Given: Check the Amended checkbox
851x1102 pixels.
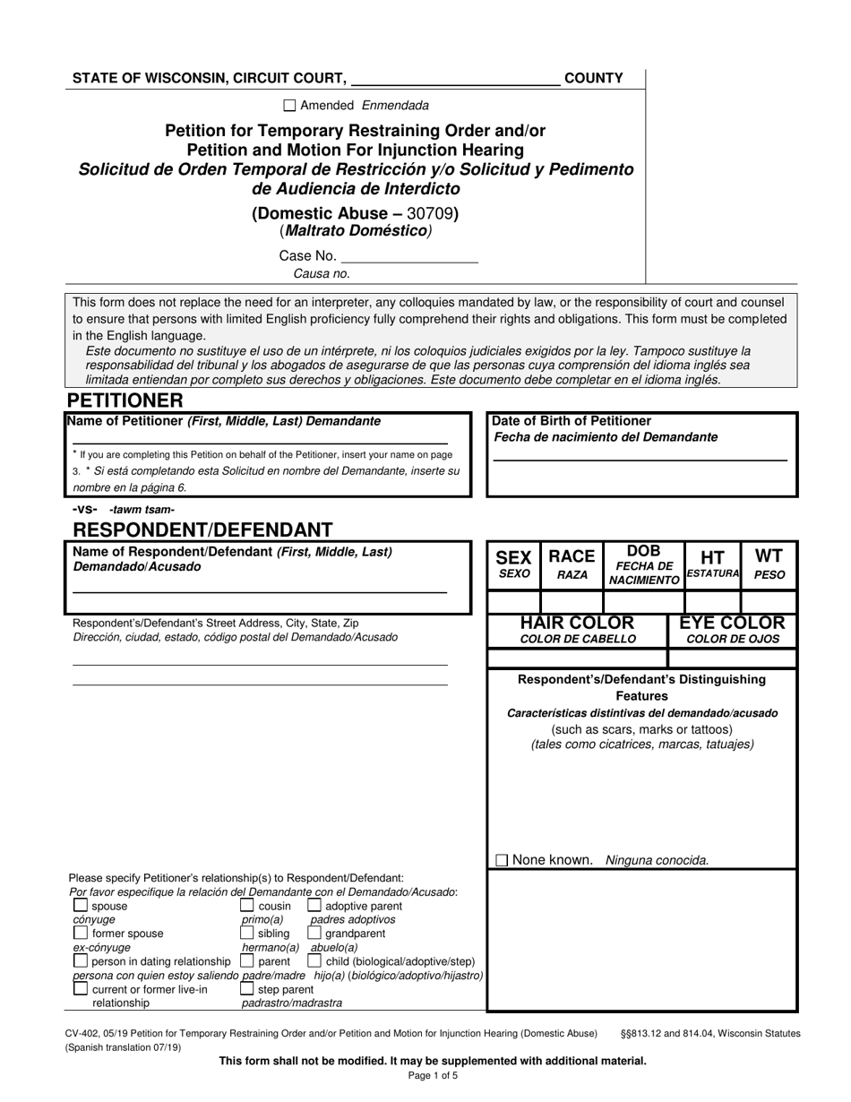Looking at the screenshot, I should point(289,105).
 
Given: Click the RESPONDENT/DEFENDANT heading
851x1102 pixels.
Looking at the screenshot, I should point(202,529).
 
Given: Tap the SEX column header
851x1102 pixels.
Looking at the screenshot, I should point(513,564).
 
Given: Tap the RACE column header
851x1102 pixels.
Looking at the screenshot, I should point(572,564).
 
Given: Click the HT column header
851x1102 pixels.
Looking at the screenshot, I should point(712,564).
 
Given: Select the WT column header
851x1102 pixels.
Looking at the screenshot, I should point(769,564).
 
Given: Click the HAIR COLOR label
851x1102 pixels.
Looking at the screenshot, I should point(578,630).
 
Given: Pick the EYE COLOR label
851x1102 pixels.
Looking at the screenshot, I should point(732,630).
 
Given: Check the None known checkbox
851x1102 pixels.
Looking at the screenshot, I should point(502,860).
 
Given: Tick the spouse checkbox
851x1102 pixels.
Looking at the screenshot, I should point(81,906).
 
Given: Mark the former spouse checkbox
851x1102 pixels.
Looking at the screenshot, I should point(81,934).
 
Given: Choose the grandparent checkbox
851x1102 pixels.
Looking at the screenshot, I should point(314,934).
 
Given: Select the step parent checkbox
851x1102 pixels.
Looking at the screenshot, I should point(247,989).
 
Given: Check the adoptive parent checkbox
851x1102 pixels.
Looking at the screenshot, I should point(314,906).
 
